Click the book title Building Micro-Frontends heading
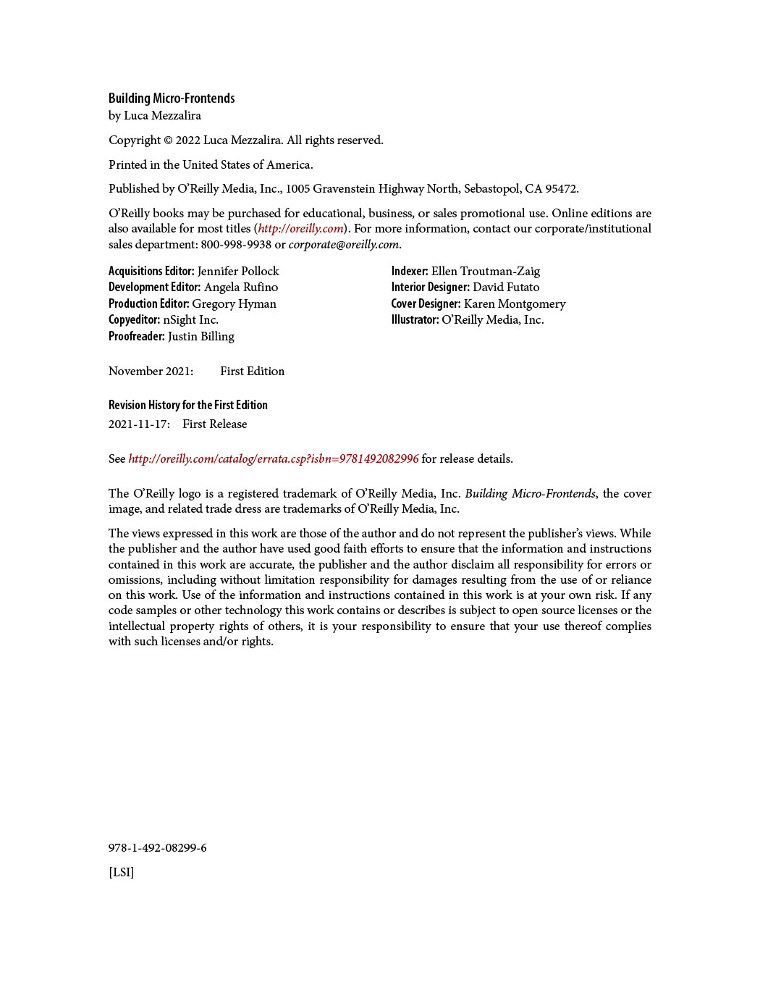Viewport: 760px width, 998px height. pos(172,98)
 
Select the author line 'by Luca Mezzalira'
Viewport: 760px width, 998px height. pos(155,116)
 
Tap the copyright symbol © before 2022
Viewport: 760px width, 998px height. pos(168,141)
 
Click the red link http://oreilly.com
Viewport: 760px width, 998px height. pos(300,229)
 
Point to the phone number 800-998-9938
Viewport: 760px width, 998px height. pos(236,245)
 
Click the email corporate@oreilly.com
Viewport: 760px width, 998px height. pos(344,245)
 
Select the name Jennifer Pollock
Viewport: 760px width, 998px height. pos(238,272)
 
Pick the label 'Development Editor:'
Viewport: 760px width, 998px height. pos(154,288)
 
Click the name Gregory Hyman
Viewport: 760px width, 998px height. pos(234,304)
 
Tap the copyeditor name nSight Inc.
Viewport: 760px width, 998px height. pos(190,320)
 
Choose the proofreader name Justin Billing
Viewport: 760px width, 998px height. pos(201,337)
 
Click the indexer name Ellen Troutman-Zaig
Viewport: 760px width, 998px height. pos(486,272)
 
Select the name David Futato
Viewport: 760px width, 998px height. pos(506,288)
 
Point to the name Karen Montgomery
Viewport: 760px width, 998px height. pos(515,304)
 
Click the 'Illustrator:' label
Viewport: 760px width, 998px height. pos(415,320)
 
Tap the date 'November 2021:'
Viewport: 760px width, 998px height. pos(151,372)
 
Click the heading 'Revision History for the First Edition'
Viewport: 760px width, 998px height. pos(188,406)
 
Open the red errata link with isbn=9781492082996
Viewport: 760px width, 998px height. pos(274,459)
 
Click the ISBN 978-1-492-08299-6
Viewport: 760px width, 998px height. pos(158,848)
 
